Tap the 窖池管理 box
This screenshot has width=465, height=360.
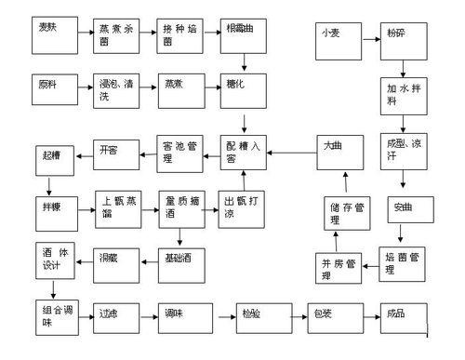[x=180, y=152]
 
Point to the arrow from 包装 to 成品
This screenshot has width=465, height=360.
[x=363, y=315]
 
